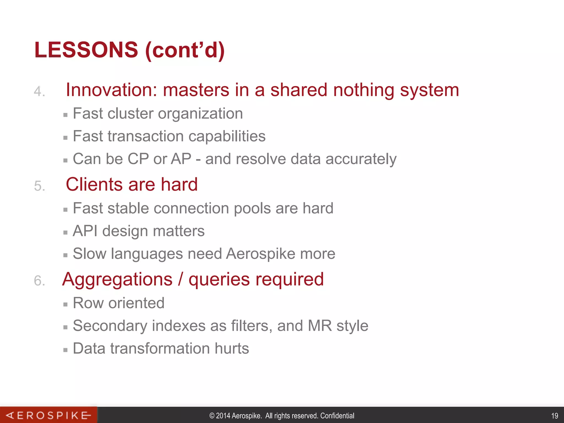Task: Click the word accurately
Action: click(361, 159)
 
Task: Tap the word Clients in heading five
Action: click(94, 184)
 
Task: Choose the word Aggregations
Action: click(117, 280)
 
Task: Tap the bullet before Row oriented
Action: click(65, 305)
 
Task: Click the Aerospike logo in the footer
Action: click(48, 415)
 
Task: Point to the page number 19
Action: click(555, 416)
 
